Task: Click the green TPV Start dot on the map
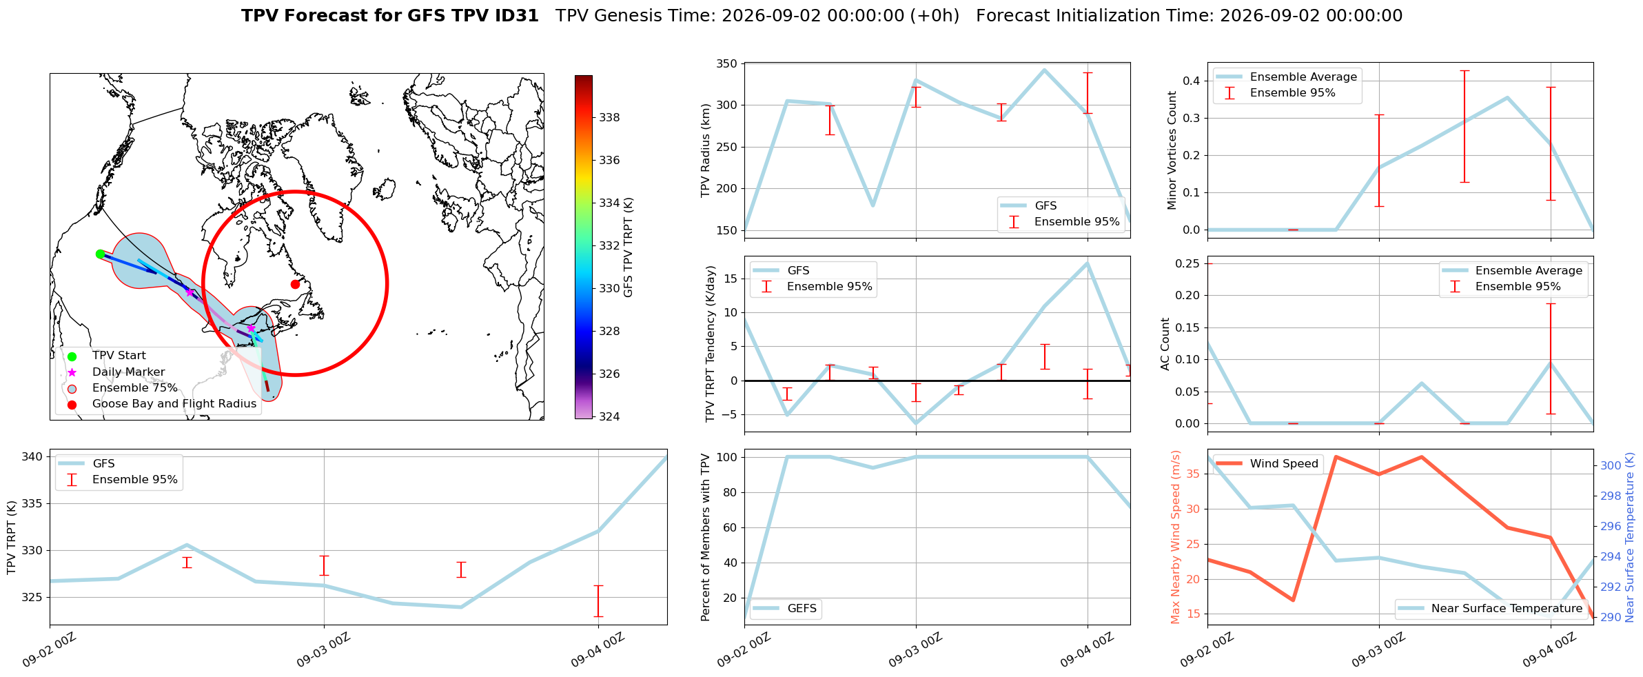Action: tap(100, 254)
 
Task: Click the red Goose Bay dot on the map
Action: tap(295, 284)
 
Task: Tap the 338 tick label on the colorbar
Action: tap(609, 117)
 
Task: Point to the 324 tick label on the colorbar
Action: tap(609, 416)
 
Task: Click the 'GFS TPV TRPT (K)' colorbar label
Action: tap(628, 247)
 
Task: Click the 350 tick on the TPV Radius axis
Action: tap(728, 64)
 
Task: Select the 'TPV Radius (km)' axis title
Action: tap(706, 150)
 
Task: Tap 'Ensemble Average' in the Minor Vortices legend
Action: tap(1303, 77)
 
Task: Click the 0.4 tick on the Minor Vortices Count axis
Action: tap(1191, 81)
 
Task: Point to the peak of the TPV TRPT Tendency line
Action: tap(1088, 263)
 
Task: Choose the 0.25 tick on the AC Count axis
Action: tap(1187, 263)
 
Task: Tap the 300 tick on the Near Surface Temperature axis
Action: tap(1611, 465)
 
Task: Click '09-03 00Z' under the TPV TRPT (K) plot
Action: tap(323, 650)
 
